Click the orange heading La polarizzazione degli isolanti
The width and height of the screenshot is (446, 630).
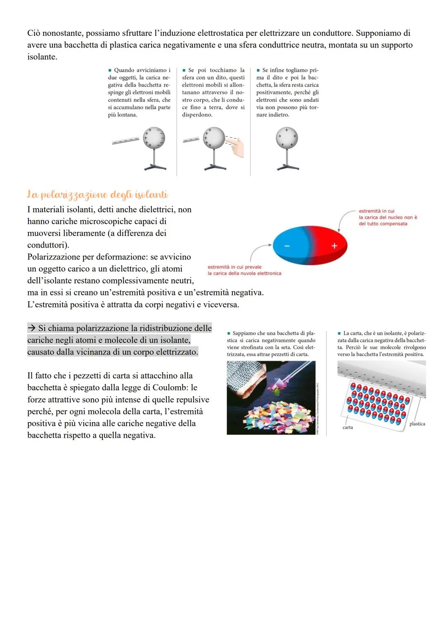coord(97,194)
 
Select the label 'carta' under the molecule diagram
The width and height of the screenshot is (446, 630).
coord(348,427)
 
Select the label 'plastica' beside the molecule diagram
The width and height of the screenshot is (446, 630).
coord(417,424)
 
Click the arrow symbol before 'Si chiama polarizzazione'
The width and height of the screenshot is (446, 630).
coord(32,328)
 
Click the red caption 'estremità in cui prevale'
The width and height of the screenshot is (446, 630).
coord(235,267)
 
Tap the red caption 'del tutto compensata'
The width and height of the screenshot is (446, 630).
coord(383,224)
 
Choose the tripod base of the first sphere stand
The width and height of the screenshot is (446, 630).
coord(154,167)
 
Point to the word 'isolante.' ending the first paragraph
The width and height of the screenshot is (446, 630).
coord(42,57)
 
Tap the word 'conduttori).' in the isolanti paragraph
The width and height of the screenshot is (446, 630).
coord(48,245)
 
